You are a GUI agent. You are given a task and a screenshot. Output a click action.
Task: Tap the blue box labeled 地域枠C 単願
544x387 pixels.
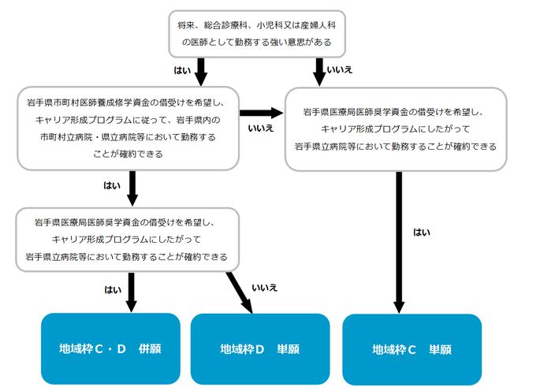pos(412,348)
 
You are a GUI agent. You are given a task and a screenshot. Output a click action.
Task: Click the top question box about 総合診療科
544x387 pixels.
pos(256,34)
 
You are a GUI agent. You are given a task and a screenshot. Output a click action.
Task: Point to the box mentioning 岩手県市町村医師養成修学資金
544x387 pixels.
pos(128,128)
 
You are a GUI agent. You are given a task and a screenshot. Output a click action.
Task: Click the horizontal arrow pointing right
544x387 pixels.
pos(261,113)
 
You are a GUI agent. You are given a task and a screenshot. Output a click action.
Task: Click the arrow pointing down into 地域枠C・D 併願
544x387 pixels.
pos(132,292)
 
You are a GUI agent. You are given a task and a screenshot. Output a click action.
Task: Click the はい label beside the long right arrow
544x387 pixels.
pos(421,232)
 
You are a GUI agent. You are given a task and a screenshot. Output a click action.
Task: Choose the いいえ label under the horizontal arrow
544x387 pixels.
pos(260,128)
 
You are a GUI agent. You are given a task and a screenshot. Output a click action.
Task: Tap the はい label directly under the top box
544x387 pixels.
pos(182,70)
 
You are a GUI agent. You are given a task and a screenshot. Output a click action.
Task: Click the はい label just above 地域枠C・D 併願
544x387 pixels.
pos(113,289)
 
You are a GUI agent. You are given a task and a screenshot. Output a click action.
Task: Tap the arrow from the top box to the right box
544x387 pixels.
pos(319,72)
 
